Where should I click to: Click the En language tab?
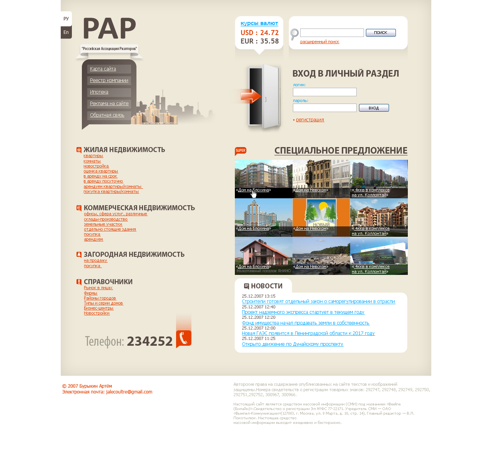pos(66,32)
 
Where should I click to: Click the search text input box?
pos(332,33)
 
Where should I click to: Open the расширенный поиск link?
pos(319,42)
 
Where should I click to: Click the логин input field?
pos(324,92)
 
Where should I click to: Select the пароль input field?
pos(324,108)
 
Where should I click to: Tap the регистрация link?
pos(310,120)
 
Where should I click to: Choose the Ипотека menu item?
pos(99,92)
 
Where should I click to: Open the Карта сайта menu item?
pos(103,69)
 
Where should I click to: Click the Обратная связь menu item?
pos(107,115)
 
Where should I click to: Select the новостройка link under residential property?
pos(96,166)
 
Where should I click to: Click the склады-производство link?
pos(106,219)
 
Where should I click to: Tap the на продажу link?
pos(95,261)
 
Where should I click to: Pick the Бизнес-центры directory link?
pos(99,308)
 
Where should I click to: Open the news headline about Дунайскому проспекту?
pos(293,344)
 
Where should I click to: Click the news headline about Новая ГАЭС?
pos(308,333)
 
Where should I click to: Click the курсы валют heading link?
pos(259,23)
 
